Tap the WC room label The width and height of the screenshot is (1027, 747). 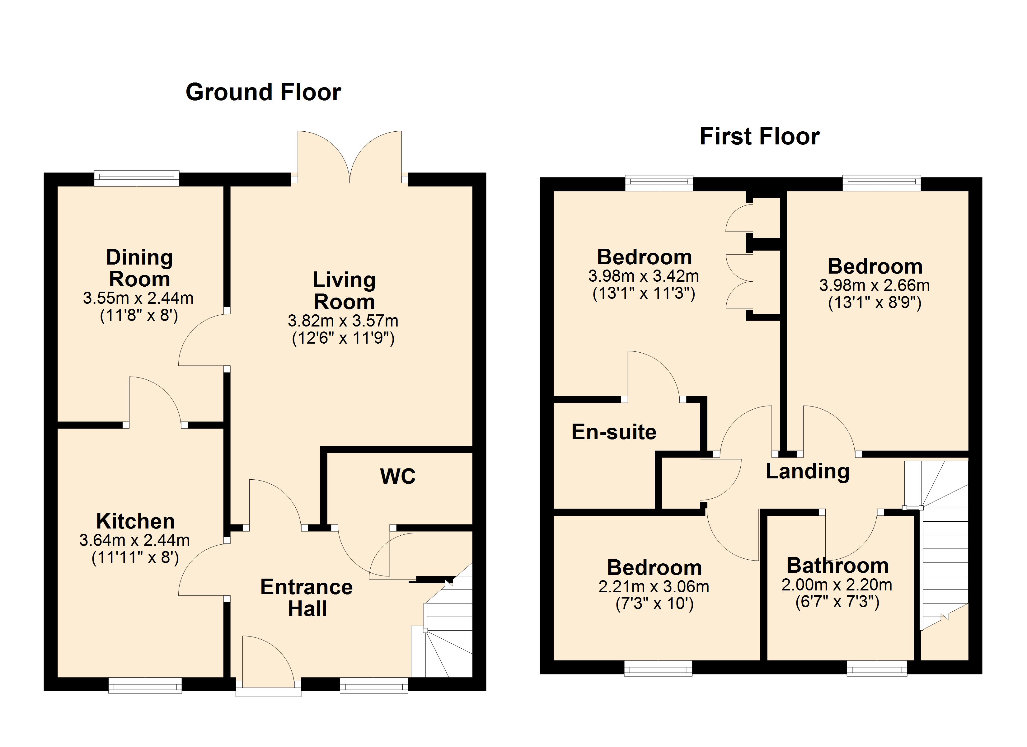point(398,476)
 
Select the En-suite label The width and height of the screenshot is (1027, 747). point(614,432)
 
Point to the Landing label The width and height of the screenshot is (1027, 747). point(807,471)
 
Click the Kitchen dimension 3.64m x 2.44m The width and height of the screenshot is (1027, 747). point(134,540)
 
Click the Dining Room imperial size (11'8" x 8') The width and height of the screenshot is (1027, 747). point(139,315)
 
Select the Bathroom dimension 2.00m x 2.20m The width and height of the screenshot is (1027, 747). point(837,585)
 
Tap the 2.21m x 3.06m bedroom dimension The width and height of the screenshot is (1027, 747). point(654,587)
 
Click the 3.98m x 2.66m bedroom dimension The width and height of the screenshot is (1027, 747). point(875,285)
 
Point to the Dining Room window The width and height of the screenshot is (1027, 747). point(137,178)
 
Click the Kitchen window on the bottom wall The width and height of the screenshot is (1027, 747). point(145,685)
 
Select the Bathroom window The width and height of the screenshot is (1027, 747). point(877,669)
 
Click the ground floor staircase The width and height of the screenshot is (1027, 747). point(446,630)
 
